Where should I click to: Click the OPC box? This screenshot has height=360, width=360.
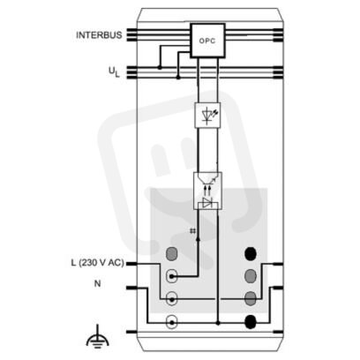(x=207, y=41)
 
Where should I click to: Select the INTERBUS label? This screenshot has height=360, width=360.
(x=99, y=35)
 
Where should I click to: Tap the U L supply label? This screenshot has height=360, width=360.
(x=114, y=72)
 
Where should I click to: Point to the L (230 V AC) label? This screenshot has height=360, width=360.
(x=97, y=263)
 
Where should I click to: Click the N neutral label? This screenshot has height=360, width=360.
(x=97, y=283)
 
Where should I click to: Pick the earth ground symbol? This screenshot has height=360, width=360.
(x=98, y=340)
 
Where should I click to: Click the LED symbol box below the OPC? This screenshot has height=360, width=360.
(x=207, y=115)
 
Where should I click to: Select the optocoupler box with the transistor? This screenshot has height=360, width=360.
(x=207, y=191)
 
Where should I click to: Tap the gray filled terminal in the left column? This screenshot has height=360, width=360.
(x=171, y=253)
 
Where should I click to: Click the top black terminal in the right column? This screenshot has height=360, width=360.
(x=251, y=253)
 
